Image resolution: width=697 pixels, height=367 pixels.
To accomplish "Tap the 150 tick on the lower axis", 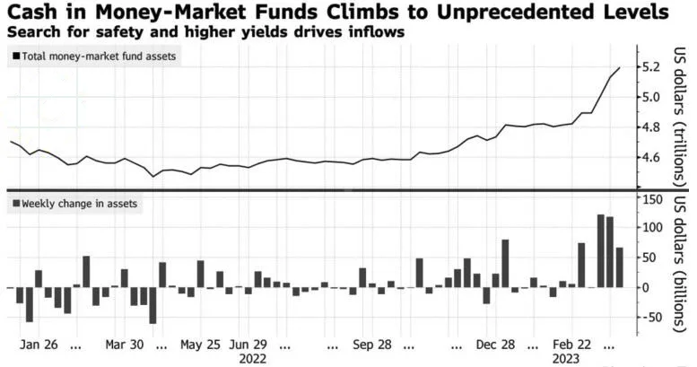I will click(x=652, y=197).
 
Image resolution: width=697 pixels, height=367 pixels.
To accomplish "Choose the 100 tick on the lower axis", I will click(x=652, y=228).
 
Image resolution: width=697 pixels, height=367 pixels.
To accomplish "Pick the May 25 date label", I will click(x=200, y=344).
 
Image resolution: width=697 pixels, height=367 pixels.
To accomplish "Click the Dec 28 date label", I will click(x=496, y=344).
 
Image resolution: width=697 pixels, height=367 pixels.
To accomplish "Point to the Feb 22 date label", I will click(x=572, y=344).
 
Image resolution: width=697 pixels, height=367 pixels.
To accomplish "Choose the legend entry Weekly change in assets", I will click(x=77, y=204).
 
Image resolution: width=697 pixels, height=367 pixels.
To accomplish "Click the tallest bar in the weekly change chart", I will click(x=600, y=251).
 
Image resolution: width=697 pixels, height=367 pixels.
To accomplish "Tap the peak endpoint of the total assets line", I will click(x=620, y=68).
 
